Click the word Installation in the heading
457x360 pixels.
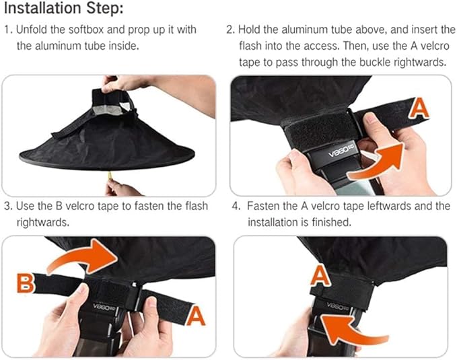coord(43,8)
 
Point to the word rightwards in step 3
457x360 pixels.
coord(43,223)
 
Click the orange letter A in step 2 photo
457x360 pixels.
coord(419,108)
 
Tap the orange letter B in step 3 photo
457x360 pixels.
coord(26,283)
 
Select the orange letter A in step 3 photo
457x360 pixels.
coord(195,316)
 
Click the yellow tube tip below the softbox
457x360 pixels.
coord(110,176)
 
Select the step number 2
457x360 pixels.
coord(230,30)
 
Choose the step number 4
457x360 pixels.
coord(236,207)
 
